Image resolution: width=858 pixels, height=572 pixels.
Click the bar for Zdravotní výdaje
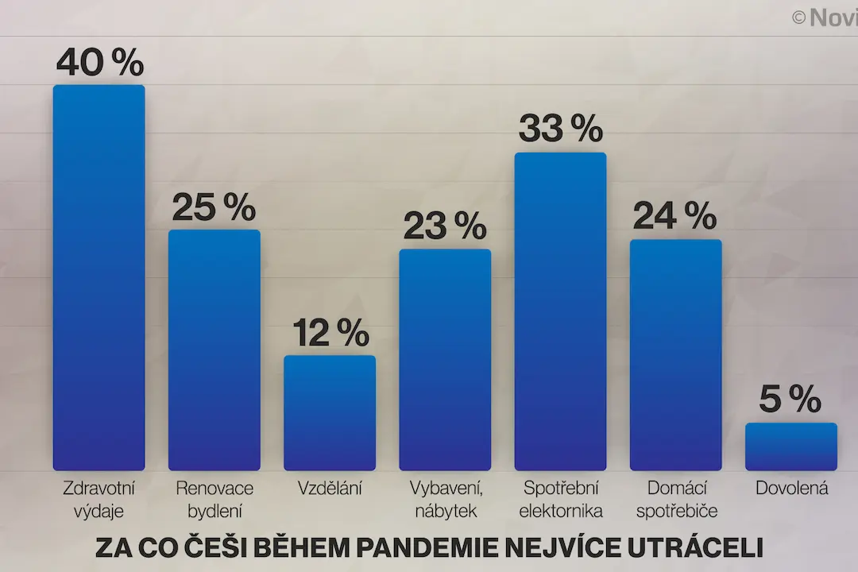point(99,277)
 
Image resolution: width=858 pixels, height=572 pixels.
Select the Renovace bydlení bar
point(214,350)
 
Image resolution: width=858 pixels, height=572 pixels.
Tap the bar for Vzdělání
point(330,413)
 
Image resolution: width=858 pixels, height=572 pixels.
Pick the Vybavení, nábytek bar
point(445,360)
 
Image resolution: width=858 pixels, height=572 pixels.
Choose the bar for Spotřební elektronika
point(560,311)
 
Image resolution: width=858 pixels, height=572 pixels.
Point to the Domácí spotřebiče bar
point(676,354)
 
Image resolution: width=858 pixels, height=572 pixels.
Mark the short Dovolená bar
point(791,446)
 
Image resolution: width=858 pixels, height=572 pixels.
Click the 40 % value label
point(100,62)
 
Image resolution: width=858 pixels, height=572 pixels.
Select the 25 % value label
point(214,207)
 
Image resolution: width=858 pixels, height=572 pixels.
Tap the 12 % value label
point(331,332)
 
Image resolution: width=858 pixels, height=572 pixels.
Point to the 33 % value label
point(561,129)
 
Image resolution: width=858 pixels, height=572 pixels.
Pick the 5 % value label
point(790,399)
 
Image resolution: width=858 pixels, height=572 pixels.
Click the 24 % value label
point(674,215)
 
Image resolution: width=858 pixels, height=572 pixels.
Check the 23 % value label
point(445,226)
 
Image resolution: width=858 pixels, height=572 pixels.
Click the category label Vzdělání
point(330,488)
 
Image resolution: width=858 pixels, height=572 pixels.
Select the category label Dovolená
point(792,488)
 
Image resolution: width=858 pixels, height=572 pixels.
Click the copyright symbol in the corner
point(798,18)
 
